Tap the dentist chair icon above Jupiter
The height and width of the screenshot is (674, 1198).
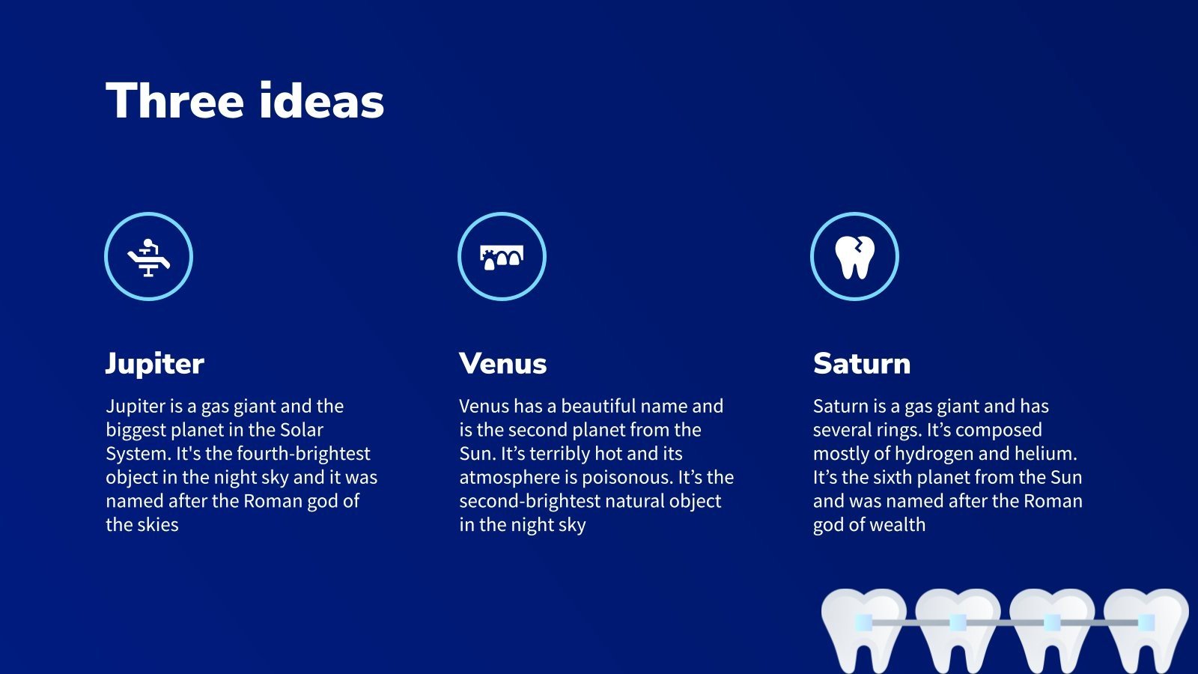click(148, 257)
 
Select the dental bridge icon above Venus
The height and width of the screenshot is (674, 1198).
click(502, 257)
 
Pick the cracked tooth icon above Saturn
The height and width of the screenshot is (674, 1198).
click(854, 257)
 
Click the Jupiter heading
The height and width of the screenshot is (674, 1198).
click(154, 364)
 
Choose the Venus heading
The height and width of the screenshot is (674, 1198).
click(502, 364)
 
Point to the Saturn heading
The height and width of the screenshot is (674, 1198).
click(862, 364)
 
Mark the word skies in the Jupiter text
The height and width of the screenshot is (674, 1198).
click(158, 525)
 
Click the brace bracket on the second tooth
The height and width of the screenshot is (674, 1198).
click(958, 622)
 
